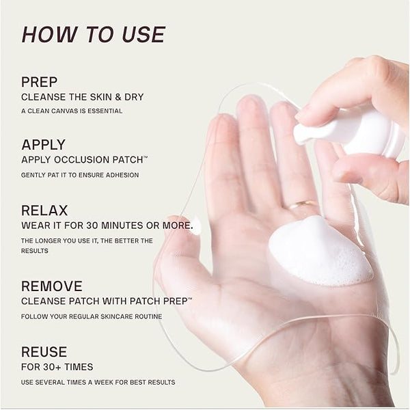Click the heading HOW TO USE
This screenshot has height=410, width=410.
tap(94, 35)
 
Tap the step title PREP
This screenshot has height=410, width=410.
tap(39, 82)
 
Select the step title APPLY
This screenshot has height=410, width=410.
tap(44, 145)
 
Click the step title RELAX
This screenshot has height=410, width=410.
tap(44, 210)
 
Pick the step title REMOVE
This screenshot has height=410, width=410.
tap(52, 286)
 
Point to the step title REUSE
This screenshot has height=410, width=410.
tap(44, 352)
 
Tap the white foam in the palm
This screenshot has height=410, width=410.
tap(320, 251)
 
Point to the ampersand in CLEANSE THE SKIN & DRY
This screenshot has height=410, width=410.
tap(118, 97)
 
